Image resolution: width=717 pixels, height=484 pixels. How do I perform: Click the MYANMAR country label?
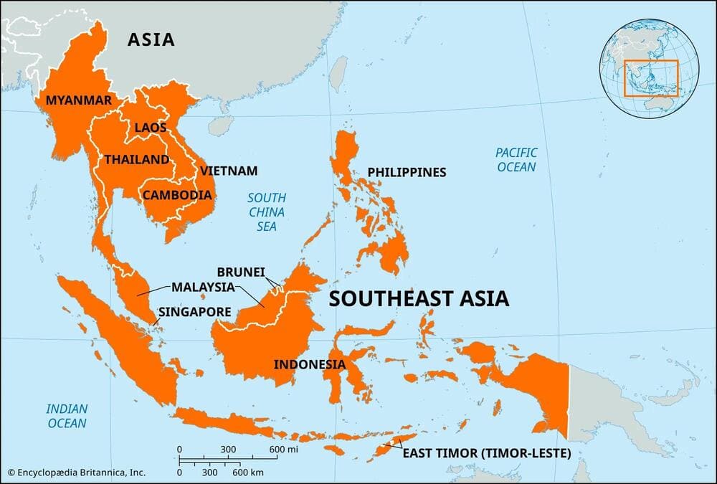coord(79,100)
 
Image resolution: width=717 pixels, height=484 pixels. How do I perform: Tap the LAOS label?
coord(150,128)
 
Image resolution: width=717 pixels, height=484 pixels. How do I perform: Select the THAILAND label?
coord(136,160)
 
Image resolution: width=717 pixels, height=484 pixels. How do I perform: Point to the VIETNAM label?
coord(229,171)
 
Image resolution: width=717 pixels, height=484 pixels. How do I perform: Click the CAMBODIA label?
coord(177,195)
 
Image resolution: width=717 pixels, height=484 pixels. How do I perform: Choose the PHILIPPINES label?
coord(407,173)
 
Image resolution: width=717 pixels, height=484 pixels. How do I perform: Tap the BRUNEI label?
coord(241,272)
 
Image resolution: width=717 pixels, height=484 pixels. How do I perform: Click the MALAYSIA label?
coord(203,287)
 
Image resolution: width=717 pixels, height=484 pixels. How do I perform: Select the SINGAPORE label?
coord(194,313)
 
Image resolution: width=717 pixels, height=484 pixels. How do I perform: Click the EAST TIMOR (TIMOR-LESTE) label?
coord(486,453)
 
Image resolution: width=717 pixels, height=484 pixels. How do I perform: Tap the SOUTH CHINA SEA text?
coord(267,212)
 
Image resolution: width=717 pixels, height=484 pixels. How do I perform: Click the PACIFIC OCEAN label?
coord(516,160)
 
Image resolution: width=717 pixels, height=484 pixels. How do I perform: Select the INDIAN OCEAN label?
coord(67,416)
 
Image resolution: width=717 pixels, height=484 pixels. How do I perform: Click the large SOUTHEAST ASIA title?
coord(419,298)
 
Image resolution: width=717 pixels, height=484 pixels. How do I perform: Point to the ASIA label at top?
coord(151,39)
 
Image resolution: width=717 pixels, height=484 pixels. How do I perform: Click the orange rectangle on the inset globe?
coord(651,78)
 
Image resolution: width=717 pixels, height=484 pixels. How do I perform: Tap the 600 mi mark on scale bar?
coord(278,450)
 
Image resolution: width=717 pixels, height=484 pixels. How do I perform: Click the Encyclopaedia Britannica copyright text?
coord(77,472)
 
